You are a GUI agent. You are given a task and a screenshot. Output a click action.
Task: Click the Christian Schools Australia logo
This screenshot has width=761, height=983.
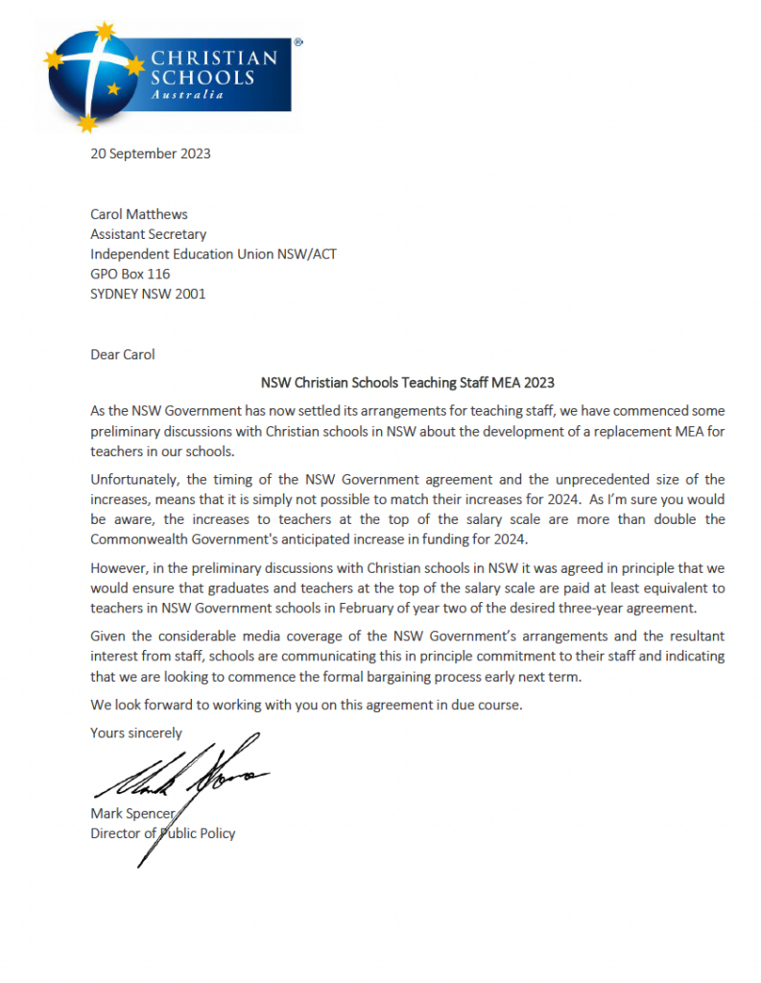(168, 75)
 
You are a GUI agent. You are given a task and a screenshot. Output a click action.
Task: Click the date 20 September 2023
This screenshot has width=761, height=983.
(150, 154)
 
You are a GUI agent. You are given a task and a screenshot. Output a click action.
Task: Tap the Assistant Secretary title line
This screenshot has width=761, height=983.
(148, 233)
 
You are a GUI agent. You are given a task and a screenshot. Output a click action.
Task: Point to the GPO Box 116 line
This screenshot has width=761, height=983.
(130, 274)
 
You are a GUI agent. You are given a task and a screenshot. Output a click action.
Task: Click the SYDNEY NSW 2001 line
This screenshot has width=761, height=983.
(148, 294)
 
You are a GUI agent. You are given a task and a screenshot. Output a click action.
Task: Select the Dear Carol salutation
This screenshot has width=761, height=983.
(122, 354)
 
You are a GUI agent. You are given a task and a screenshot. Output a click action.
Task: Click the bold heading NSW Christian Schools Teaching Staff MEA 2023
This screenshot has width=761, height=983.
(408, 381)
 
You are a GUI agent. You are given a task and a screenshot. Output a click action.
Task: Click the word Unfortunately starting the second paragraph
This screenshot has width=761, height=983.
(133, 479)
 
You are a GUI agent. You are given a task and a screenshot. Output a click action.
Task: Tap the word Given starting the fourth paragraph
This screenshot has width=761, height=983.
(108, 635)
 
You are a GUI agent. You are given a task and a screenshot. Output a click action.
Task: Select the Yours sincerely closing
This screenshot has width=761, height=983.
(135, 732)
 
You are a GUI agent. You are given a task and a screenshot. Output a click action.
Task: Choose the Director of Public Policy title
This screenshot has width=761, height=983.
(162, 833)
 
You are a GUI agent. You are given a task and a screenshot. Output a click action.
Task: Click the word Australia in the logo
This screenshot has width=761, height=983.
(187, 95)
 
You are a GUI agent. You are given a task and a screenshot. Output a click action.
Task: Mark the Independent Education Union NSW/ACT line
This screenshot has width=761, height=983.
(213, 253)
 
